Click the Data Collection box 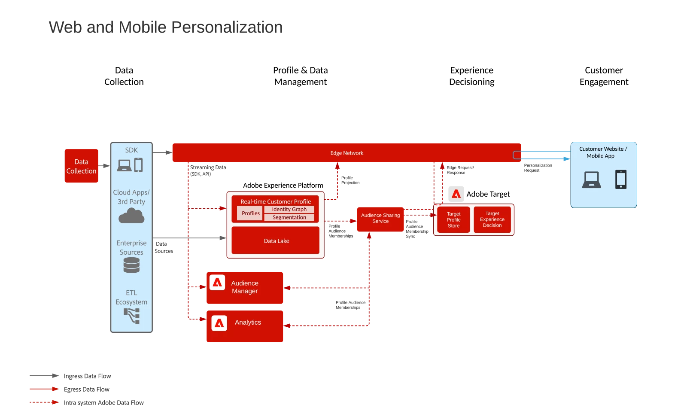click(x=81, y=166)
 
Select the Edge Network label click(x=347, y=153)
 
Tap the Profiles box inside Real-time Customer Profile click(x=250, y=213)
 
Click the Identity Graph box click(x=289, y=209)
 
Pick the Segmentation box click(x=289, y=217)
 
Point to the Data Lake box click(x=276, y=240)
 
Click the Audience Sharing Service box click(x=380, y=219)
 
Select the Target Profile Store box click(x=453, y=219)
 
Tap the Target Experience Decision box click(x=492, y=219)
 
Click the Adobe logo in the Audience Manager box click(x=217, y=283)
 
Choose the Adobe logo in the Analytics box click(x=219, y=323)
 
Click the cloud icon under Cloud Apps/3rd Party click(x=131, y=216)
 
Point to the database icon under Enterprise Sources click(x=131, y=265)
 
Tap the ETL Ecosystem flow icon click(x=132, y=316)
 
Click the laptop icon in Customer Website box click(x=591, y=180)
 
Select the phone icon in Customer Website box click(x=621, y=179)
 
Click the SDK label click(x=131, y=150)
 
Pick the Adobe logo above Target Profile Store click(x=456, y=194)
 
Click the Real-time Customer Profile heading click(x=276, y=201)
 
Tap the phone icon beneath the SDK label click(x=138, y=165)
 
